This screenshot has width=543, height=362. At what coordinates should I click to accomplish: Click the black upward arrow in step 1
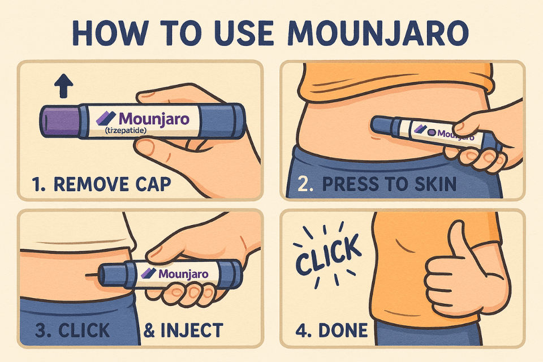[x=64, y=85]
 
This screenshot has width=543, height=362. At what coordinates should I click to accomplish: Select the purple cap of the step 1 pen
[x=59, y=122]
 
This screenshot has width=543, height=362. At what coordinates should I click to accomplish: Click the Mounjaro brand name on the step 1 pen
[x=154, y=119]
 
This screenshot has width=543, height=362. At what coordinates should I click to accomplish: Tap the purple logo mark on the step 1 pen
[x=106, y=118]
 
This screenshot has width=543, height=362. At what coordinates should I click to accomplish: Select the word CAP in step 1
[x=153, y=184]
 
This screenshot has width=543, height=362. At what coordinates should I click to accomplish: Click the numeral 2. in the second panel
[x=305, y=184]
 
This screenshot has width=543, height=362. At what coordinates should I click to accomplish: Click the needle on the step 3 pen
[x=93, y=275]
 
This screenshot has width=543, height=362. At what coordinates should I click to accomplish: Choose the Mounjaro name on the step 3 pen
[x=183, y=274]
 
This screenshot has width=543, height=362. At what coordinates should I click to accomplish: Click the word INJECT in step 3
[x=192, y=330]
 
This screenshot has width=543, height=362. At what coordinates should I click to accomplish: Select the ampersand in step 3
[x=149, y=330]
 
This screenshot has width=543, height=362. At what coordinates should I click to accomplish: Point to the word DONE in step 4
[x=343, y=330]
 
